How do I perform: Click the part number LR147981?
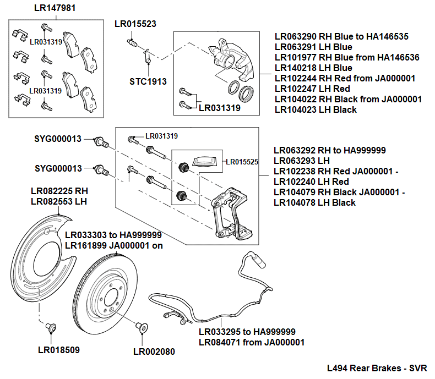pyautogui.click(x=55, y=8)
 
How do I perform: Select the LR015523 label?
pyautogui.click(x=135, y=24)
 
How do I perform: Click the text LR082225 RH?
pyautogui.click(x=59, y=191)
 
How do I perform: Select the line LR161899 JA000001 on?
pyautogui.click(x=114, y=245)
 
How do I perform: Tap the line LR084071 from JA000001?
pyautogui.click(x=252, y=342)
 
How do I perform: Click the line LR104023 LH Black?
pyautogui.click(x=316, y=109)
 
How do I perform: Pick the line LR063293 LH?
pyautogui.click(x=302, y=161)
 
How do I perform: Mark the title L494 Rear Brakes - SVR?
pyautogui.click(x=377, y=368)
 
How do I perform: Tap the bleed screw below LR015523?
pyautogui.click(x=132, y=43)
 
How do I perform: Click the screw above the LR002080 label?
pyautogui.click(x=140, y=328)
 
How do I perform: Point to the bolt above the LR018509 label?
pyautogui.click(x=51, y=328)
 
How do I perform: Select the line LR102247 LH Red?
pyautogui.click(x=312, y=89)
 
